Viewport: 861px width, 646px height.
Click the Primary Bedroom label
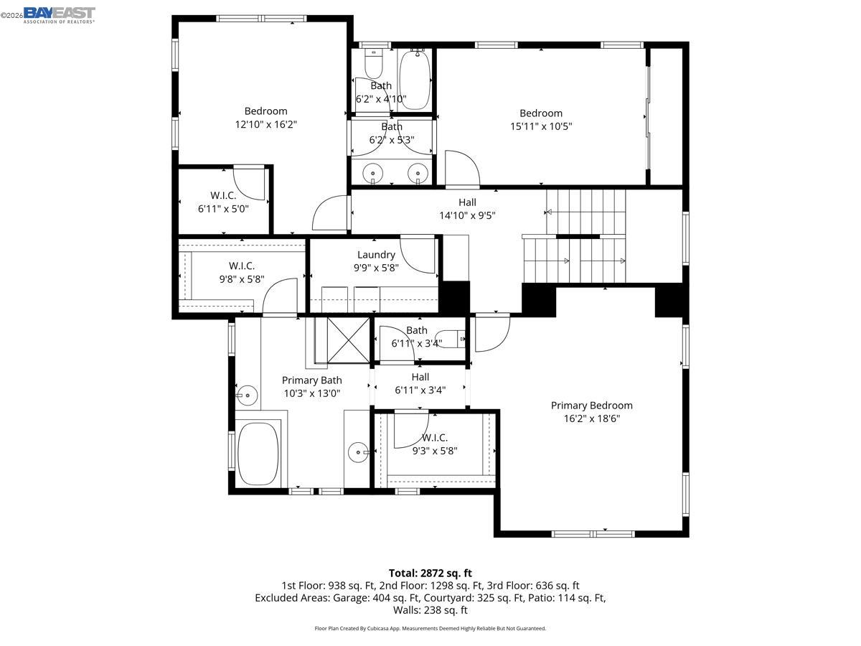point(591,406)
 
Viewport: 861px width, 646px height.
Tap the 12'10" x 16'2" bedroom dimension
point(265,124)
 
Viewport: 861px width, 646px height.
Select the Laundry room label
point(376,255)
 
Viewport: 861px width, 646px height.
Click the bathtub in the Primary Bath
point(258,454)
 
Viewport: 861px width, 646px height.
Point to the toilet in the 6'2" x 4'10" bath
point(374,65)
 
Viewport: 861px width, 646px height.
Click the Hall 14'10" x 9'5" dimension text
point(467,215)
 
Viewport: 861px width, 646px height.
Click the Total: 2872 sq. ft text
point(430,573)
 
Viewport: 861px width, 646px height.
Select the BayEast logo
point(59,14)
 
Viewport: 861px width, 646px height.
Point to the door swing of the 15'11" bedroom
point(461,168)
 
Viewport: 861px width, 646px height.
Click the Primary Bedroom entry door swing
point(491,332)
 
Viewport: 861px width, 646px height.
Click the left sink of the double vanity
point(373,173)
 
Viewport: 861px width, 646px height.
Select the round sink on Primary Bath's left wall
point(247,394)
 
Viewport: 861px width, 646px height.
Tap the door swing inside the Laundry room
point(418,254)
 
